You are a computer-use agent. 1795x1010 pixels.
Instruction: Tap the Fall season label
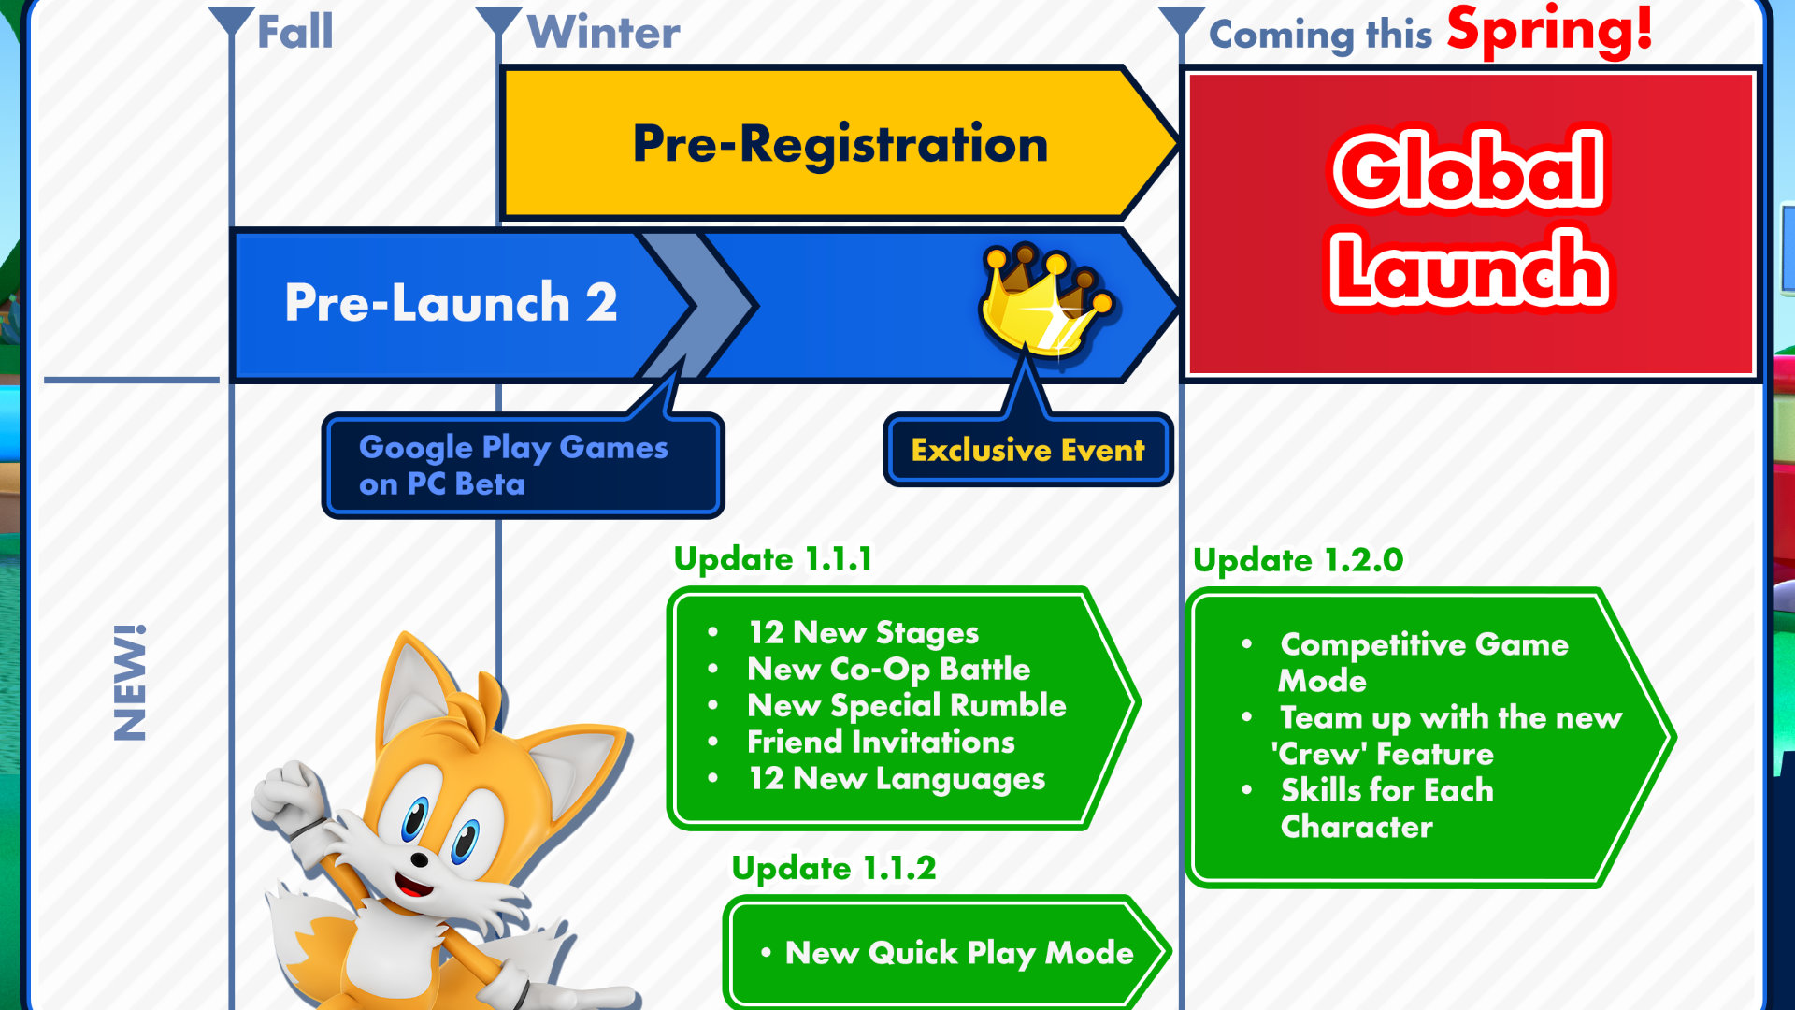coord(294,32)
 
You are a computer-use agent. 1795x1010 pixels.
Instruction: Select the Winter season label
coord(603,33)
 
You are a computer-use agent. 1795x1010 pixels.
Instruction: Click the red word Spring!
coord(1549,29)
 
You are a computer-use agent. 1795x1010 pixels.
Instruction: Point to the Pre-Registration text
coord(840,144)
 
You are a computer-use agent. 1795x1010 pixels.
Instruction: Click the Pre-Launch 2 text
coord(451,302)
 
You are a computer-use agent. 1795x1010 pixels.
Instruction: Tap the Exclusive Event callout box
coord(1027,450)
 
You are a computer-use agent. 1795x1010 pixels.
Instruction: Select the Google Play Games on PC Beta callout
coord(523,466)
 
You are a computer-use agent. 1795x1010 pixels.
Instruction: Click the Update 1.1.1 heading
coord(773,558)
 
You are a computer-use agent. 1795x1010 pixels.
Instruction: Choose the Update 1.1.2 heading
coord(833,868)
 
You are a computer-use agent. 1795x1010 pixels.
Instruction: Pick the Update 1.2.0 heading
coord(1298,560)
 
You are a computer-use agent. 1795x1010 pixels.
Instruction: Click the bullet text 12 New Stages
coord(863,633)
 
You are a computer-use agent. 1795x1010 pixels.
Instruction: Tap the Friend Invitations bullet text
coord(881,743)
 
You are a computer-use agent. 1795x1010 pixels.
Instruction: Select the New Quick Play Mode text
coord(959,953)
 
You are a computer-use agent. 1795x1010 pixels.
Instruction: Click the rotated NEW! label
coord(130,683)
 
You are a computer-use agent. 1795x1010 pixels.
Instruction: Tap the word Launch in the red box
coord(1469,269)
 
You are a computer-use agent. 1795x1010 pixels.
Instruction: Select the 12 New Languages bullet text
coord(897,779)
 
